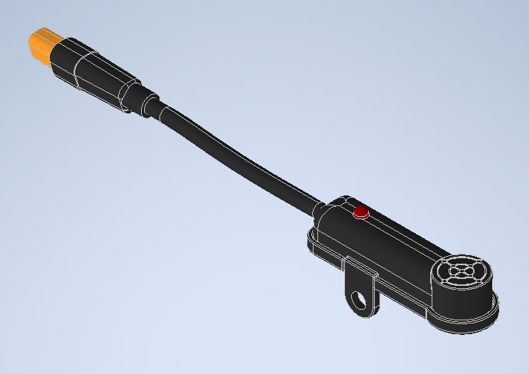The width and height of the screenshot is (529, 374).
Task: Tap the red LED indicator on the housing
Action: point(360,212)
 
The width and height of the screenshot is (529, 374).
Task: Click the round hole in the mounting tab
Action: point(358,298)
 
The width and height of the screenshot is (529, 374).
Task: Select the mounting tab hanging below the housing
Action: point(362,290)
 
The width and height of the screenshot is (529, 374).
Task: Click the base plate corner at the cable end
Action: point(310,244)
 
